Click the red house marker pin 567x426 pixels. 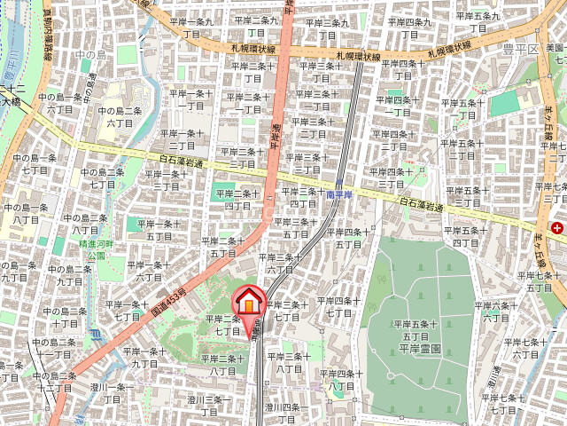click(x=249, y=302)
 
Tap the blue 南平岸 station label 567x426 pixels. click(x=339, y=193)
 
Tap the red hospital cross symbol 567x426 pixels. click(x=557, y=228)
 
